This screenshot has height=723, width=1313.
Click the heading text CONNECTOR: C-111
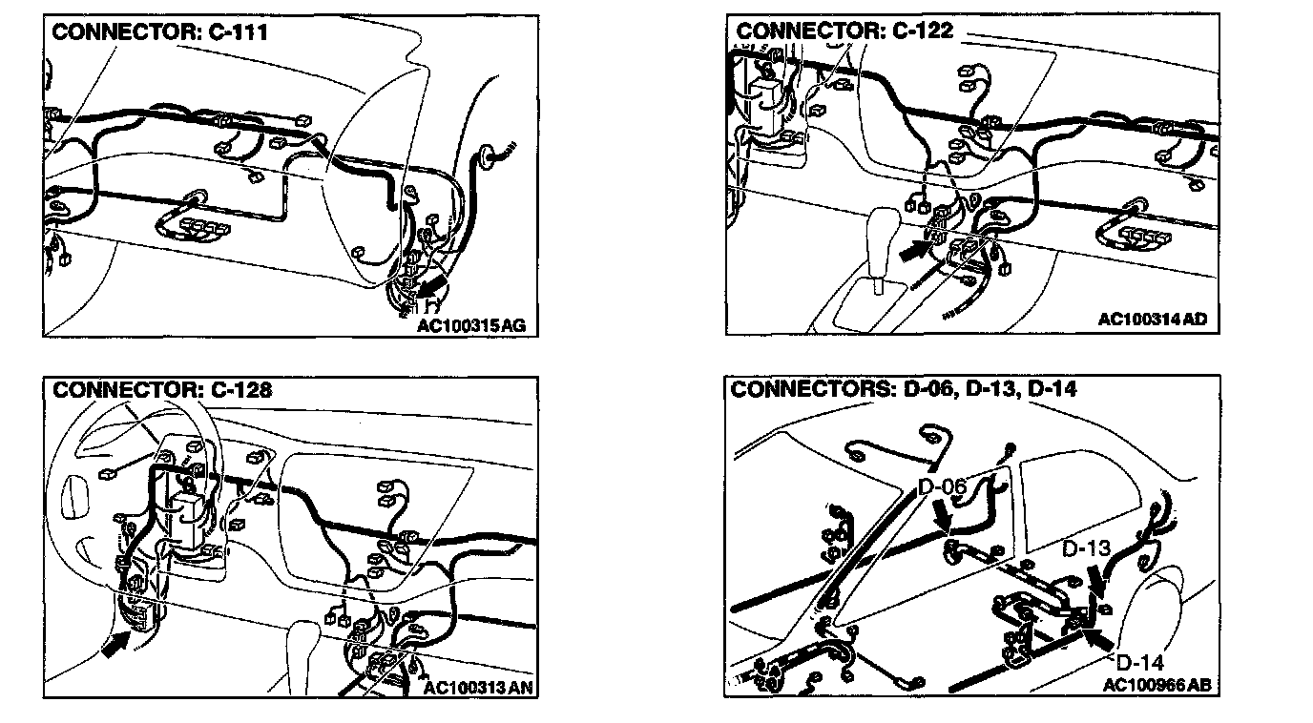(x=159, y=31)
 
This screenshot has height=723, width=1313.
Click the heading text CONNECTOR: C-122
(x=844, y=31)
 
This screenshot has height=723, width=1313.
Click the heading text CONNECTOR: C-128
(x=161, y=389)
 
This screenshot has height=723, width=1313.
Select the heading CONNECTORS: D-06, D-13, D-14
(x=904, y=389)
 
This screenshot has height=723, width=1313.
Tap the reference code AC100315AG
(x=470, y=325)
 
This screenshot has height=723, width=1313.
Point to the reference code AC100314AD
(x=1152, y=319)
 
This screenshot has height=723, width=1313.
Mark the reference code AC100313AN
(x=473, y=687)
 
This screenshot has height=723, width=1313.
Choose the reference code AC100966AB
(x=1157, y=684)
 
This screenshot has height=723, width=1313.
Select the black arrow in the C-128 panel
(x=113, y=647)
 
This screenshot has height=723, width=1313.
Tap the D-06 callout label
(x=943, y=487)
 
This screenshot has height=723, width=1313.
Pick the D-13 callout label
(x=1086, y=549)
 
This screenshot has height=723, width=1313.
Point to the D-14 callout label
(x=1139, y=662)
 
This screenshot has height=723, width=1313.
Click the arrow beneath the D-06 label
(x=946, y=518)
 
